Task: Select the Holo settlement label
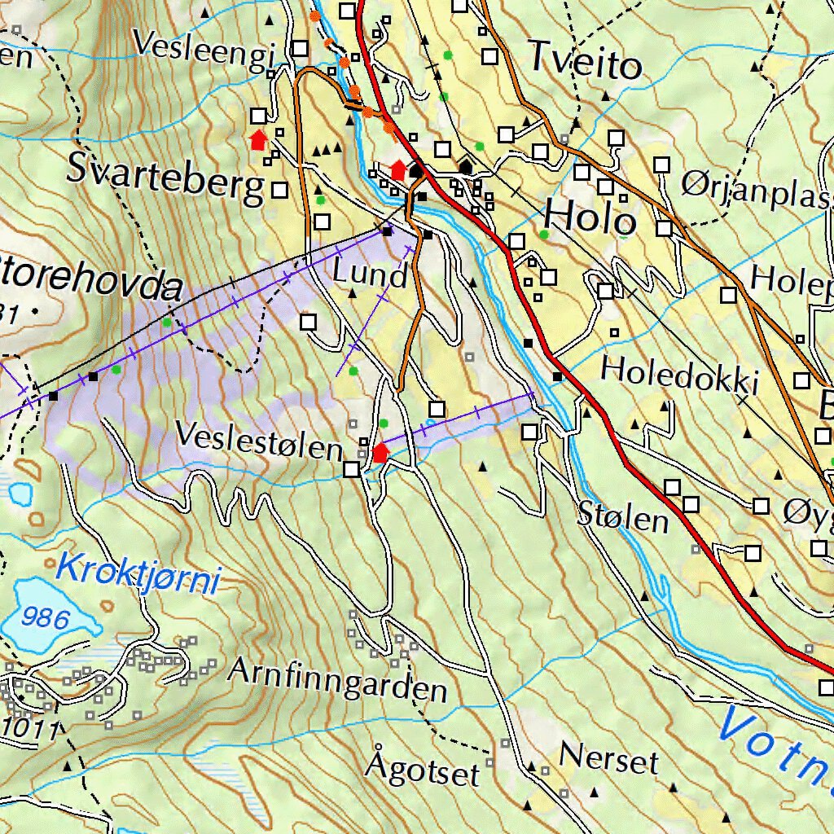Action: (x=590, y=218)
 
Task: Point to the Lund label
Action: (x=370, y=274)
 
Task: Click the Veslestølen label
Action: (x=259, y=441)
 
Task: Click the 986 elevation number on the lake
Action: (x=46, y=617)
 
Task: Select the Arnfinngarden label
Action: (x=337, y=681)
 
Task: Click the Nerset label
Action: (x=608, y=761)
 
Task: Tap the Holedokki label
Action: (x=679, y=375)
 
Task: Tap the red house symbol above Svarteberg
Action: (x=258, y=140)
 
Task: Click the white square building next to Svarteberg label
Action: (x=279, y=190)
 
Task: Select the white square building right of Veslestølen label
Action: (x=351, y=469)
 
